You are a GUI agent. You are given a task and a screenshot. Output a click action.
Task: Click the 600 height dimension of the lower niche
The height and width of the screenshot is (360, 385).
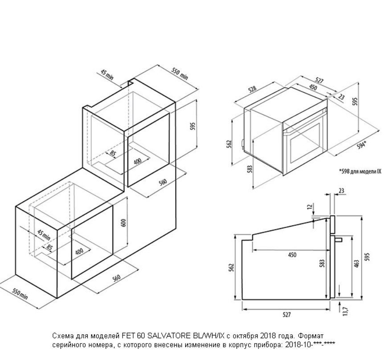coord(123,222)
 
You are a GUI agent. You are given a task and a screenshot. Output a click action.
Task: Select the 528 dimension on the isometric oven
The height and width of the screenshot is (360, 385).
coord(252,89)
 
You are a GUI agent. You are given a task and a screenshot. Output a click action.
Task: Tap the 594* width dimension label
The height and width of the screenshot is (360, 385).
coord(362,145)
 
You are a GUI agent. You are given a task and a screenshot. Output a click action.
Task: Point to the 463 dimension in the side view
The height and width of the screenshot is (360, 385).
coord(357,264)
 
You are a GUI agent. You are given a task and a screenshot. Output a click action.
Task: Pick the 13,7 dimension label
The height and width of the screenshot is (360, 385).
coord(346,311)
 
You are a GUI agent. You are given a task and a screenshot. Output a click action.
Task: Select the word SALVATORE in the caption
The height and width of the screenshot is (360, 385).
coord(168,335)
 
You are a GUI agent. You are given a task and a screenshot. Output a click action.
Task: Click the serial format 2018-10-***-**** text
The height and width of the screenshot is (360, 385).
coord(310,345)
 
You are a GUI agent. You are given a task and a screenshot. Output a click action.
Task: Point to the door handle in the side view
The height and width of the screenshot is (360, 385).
coord(339,239)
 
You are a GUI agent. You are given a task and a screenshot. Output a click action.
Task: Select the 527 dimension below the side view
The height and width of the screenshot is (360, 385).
coord(286,315)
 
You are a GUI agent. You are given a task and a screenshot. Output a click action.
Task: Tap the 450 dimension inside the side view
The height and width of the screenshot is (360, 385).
coord(292,255)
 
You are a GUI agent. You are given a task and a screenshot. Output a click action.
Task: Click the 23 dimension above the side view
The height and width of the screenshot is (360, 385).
coord(341,190)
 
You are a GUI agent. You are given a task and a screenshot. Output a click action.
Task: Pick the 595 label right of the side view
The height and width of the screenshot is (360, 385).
coord(367,257)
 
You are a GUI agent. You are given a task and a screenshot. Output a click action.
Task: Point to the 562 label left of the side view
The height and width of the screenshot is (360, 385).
coord(232,268)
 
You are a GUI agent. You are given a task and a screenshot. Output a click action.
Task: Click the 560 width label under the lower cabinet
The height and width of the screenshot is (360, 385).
coord(116,278)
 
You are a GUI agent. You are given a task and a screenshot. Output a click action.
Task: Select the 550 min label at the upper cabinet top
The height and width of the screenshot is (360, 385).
coord(180,74)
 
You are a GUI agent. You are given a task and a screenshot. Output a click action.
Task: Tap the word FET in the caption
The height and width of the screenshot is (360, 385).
coord(127,335)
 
